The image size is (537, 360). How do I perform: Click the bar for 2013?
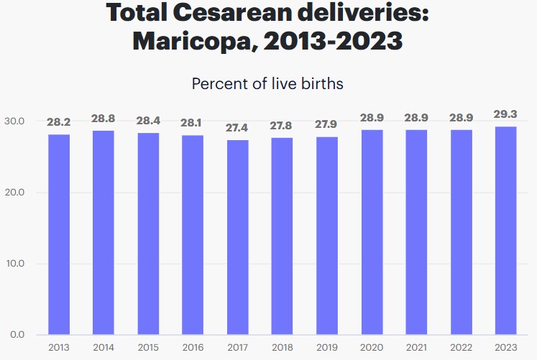(x=58, y=234)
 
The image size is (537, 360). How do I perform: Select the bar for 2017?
(x=237, y=237)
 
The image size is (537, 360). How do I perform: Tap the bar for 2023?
(x=505, y=231)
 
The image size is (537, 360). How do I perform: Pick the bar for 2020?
(x=372, y=232)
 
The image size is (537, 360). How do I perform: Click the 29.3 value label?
(x=505, y=115)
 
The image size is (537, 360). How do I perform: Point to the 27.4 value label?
(x=237, y=128)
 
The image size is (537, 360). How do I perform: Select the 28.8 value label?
(x=103, y=119)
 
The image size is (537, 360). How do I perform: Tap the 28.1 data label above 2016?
(x=193, y=123)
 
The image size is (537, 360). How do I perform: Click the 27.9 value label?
(x=327, y=124)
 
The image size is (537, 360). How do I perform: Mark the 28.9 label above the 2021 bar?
(x=416, y=118)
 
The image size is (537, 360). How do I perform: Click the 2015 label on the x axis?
(x=148, y=348)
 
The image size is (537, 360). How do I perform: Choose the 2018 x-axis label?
(x=282, y=348)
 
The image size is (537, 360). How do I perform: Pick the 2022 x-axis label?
(x=461, y=348)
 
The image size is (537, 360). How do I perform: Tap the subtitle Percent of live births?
(x=267, y=83)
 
